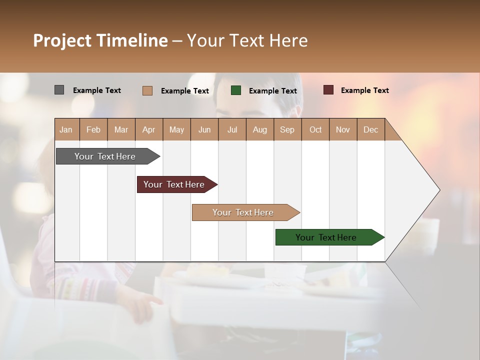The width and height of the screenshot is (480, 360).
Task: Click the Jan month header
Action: tap(66, 129)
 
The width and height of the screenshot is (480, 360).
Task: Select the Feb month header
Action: tap(93, 129)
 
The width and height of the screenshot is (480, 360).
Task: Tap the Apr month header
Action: tap(148, 129)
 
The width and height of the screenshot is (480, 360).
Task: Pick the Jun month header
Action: tap(204, 129)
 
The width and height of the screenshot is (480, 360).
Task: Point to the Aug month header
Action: tap(259, 129)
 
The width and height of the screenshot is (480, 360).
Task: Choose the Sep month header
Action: tap(287, 129)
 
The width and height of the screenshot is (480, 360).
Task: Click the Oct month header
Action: tap(315, 129)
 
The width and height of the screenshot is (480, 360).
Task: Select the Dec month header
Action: tap(370, 129)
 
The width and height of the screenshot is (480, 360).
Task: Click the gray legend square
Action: tap(59, 90)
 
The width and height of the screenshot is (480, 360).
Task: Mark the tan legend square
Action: tap(147, 90)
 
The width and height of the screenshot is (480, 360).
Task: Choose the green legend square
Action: tap(236, 90)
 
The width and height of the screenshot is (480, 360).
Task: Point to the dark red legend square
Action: tap(328, 90)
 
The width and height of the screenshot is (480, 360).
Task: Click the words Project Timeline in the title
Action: tap(100, 40)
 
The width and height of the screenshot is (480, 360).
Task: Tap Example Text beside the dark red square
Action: tap(364, 90)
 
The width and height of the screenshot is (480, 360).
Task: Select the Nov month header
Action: tap(342, 129)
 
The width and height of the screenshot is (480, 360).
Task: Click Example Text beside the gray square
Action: tap(96, 90)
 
